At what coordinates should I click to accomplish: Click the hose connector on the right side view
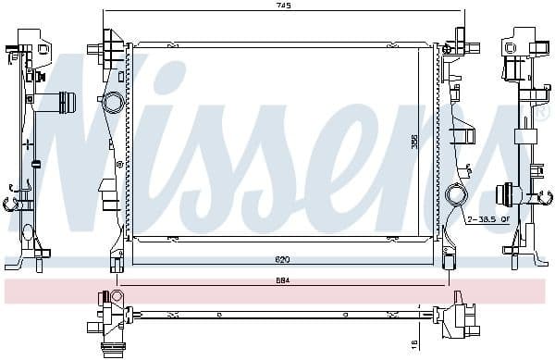click(507, 193)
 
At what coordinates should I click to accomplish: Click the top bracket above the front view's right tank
click(457, 42)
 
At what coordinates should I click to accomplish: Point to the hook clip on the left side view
click(15, 196)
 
